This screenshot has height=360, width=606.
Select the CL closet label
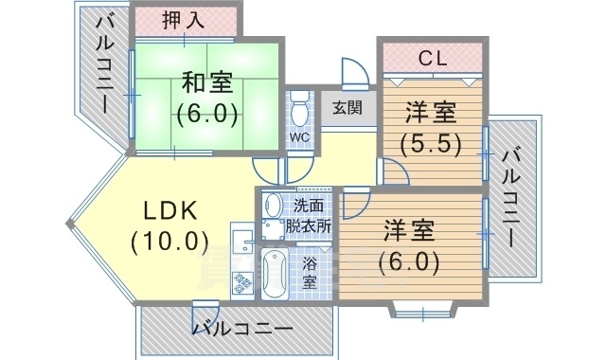(x=433, y=58)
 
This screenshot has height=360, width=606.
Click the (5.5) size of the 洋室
(x=430, y=145)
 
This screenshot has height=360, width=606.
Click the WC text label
(x=299, y=137)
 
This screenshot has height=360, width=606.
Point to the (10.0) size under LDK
(x=170, y=241)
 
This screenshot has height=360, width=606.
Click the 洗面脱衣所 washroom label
(x=311, y=216)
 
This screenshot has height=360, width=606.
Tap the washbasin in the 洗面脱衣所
(x=274, y=206)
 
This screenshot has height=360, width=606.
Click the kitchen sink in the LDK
(x=241, y=237)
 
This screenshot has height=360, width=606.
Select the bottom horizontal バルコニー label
(x=242, y=330)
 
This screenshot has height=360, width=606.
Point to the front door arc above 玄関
(x=352, y=73)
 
